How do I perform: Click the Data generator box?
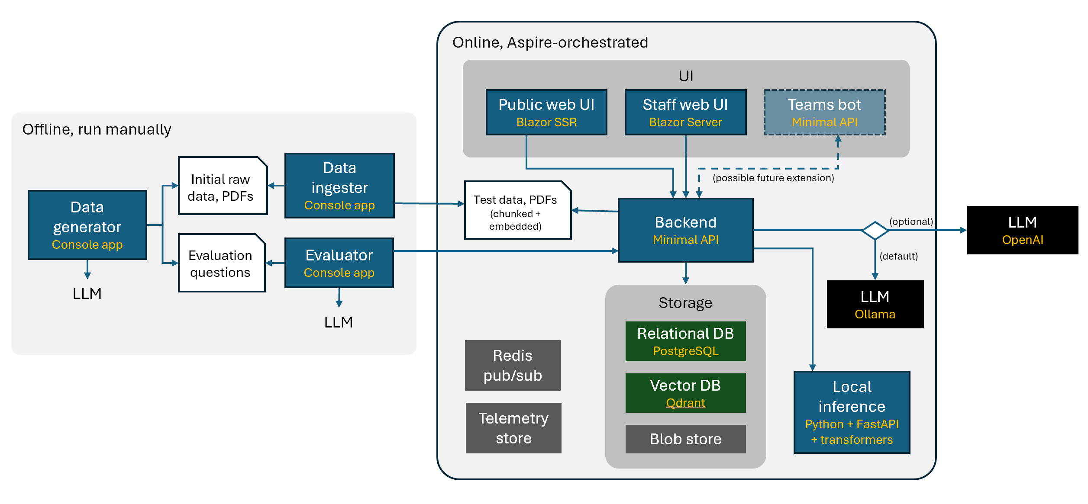87,225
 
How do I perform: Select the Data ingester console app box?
339,186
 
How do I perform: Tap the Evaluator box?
339,263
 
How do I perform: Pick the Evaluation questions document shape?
221,263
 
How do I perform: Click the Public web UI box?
546,112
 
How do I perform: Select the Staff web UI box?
685,112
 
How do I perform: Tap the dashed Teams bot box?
824,112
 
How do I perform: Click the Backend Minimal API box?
685,230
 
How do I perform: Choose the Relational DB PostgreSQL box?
685,341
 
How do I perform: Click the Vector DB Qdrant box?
685,393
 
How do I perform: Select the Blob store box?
685,439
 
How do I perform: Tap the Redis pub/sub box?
513,365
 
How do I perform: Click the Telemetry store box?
513,428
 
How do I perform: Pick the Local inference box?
852,412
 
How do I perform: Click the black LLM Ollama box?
875,305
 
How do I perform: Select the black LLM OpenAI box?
1022,230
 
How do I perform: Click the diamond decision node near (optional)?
875,230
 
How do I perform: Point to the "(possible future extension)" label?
773,178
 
